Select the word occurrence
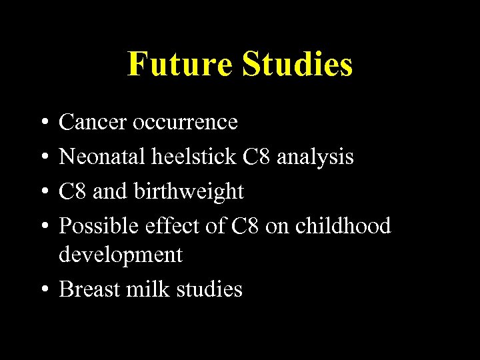185,122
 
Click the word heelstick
193,157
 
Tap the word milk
145,289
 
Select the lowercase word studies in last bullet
207,289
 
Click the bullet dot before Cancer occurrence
42,123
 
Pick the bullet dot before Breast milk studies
42,289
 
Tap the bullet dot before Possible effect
42,227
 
